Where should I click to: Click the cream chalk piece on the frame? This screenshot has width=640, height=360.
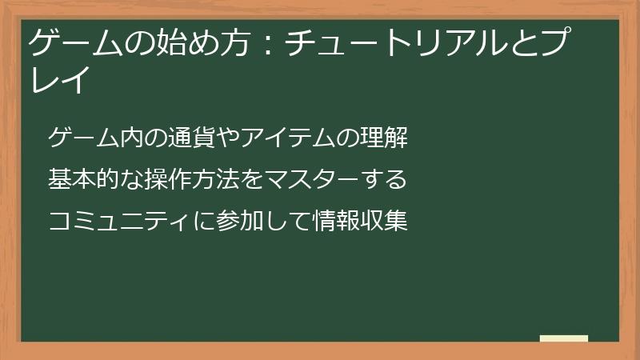pos(564,338)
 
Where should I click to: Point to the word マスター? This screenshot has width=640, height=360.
pos(312,180)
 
